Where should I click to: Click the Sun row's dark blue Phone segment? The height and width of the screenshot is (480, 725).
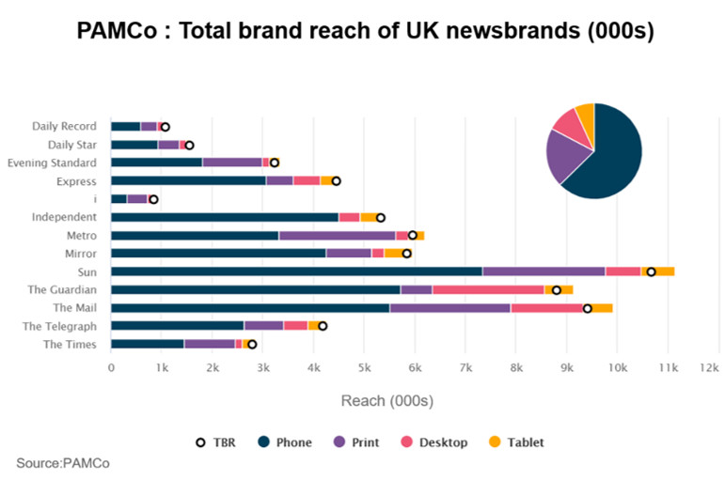296,271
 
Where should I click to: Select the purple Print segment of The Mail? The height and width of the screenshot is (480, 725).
449,307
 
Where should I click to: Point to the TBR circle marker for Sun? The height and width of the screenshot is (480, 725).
651,271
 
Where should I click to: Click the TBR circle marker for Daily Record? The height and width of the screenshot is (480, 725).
165,127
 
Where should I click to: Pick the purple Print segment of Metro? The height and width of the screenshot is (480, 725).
337,235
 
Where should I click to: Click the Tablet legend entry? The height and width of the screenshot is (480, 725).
518,441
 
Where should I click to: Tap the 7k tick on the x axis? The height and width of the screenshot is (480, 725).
465,367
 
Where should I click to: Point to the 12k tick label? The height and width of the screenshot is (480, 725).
717,367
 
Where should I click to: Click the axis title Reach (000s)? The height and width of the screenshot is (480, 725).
386,401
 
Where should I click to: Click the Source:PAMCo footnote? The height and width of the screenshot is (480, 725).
55,463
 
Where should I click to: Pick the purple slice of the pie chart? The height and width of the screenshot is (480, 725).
565,157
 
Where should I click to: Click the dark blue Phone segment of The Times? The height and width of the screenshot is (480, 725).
148,344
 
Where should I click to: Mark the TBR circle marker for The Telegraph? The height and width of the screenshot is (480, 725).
323,326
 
